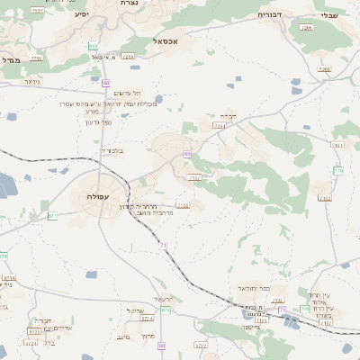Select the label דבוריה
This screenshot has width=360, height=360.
(270, 14)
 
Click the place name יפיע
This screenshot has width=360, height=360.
(82, 15)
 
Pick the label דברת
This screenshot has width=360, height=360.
(227, 116)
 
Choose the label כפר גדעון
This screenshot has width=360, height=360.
(97, 122)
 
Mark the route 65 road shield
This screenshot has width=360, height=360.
(187, 155)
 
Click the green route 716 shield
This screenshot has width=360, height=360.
(282, 310)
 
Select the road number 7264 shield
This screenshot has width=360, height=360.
(219, 127)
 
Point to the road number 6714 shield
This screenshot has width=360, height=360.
(8, 279)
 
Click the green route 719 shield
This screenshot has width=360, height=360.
(338, 170)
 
